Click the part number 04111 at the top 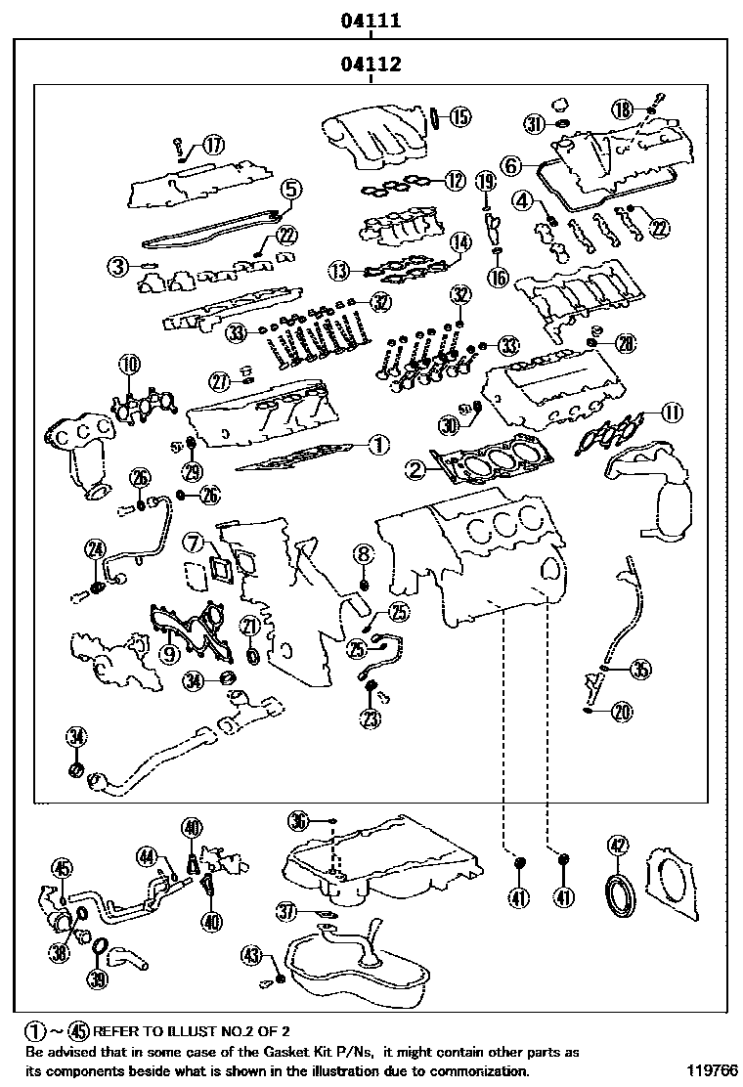tap(371, 19)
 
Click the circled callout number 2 tap(417, 470)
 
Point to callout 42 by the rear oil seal tap(617, 847)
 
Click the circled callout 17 tap(212, 146)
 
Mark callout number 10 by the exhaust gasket tap(129, 366)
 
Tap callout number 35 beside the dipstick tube tap(640, 669)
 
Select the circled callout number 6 tap(511, 167)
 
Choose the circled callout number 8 tap(363, 555)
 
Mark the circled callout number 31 tap(533, 124)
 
